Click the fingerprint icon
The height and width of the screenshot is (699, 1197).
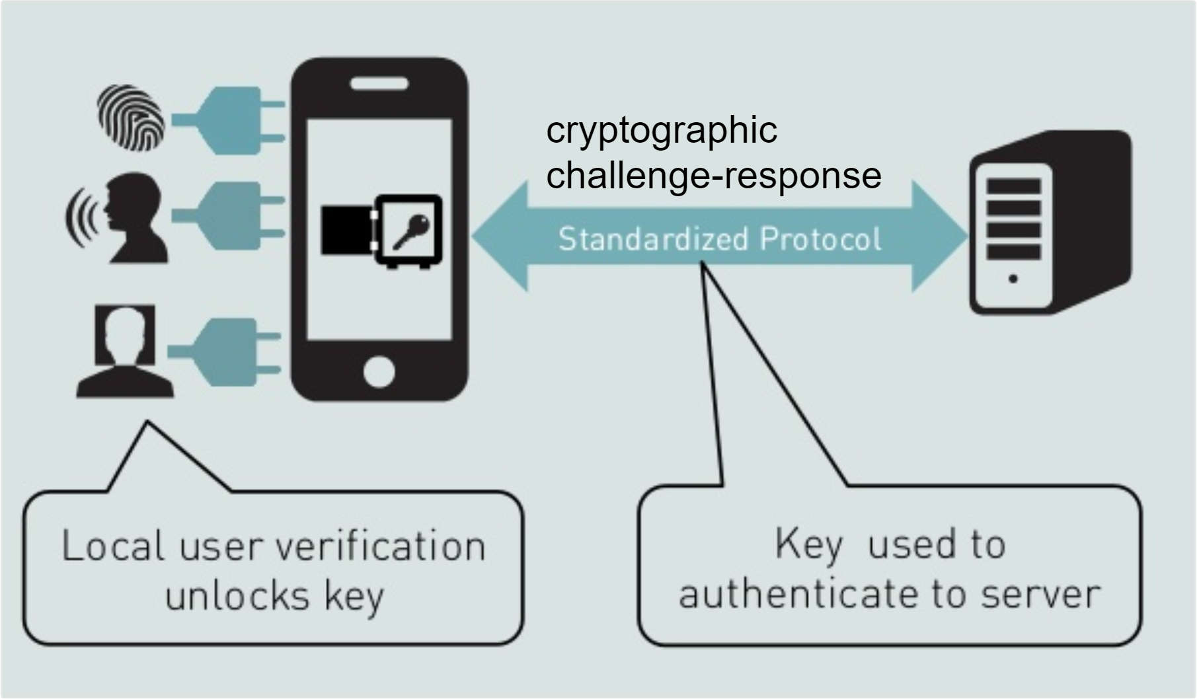coord(131,117)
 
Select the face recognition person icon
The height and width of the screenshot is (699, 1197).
coord(126,350)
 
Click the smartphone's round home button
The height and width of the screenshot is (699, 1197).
coord(379,371)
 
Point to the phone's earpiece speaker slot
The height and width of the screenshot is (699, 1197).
coord(379,84)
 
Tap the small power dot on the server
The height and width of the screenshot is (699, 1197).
coord(1013,279)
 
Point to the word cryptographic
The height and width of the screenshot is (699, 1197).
coord(661,131)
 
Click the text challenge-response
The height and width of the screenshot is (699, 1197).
coord(714,176)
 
